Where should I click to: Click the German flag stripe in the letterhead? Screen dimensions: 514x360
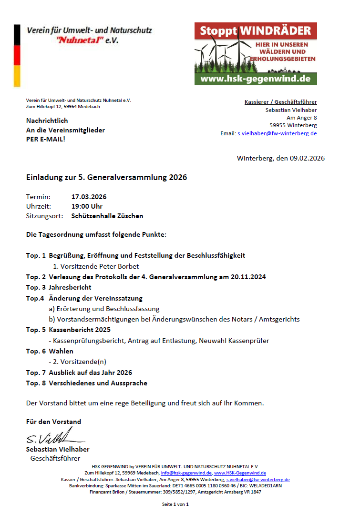click(x=17, y=56)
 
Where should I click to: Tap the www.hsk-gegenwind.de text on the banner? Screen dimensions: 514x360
click(x=256, y=79)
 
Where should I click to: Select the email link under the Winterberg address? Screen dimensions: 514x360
click(x=277, y=133)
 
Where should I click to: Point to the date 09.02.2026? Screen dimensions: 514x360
click(x=307, y=158)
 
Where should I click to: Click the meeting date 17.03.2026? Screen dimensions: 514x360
click(x=89, y=197)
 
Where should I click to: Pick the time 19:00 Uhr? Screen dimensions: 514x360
click(x=87, y=206)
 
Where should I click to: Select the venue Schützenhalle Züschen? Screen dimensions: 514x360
click(x=107, y=216)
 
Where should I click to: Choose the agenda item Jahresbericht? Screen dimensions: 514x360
click(x=70, y=287)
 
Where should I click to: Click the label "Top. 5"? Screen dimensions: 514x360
click(x=36, y=330)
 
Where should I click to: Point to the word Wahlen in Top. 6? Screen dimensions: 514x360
click(x=61, y=351)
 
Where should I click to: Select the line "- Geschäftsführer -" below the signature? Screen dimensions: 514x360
click(x=54, y=458)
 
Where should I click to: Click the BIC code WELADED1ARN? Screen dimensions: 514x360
click(x=266, y=485)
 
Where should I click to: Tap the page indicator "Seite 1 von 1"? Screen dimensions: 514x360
click(x=175, y=504)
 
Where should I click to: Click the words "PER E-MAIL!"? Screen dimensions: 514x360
click(x=46, y=139)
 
